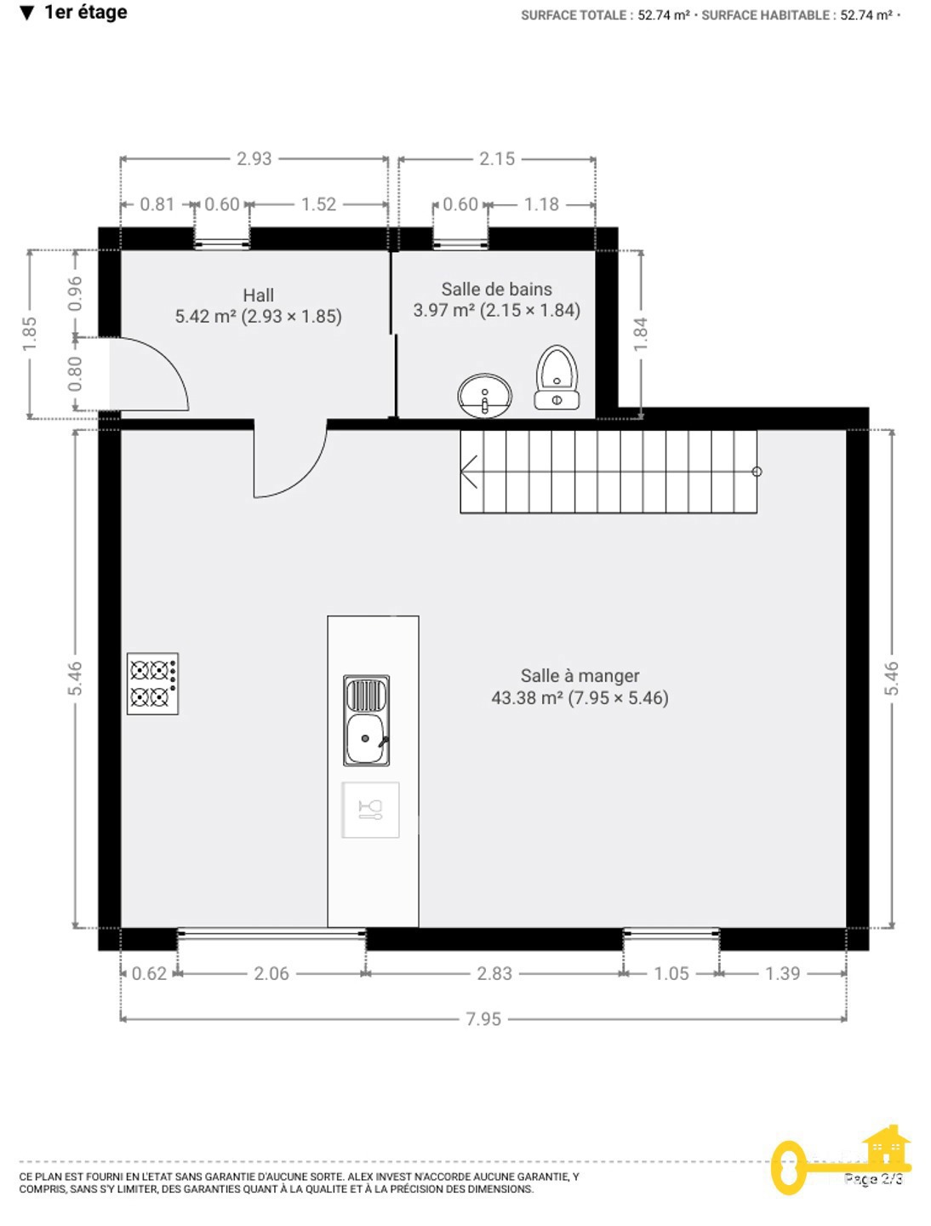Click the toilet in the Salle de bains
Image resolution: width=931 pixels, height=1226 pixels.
557,377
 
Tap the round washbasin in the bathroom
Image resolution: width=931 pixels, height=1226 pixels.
484,395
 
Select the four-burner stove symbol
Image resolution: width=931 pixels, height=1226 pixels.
152,683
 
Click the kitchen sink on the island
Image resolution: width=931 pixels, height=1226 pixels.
366,720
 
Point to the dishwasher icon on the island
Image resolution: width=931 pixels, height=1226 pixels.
371,810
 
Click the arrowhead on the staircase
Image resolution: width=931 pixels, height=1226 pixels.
469,472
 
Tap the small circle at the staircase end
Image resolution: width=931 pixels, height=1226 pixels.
757,472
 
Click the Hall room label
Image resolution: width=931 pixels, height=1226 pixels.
259,295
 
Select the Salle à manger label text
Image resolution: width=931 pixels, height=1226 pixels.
580,676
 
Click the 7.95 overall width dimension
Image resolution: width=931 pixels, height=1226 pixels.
483,1019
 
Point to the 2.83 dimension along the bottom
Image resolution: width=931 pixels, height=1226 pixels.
494,973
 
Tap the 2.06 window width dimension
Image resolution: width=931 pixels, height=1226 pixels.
271,973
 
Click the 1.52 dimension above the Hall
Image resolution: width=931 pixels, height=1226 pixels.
319,204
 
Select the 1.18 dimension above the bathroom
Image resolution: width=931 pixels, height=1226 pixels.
541,204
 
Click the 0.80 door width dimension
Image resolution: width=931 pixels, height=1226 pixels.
75,374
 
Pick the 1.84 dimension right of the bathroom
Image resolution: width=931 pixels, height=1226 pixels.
641,334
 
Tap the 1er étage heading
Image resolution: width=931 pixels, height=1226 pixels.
85,12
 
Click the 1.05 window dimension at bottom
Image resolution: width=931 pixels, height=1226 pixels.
671,973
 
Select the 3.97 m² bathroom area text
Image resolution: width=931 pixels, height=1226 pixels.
443,310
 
